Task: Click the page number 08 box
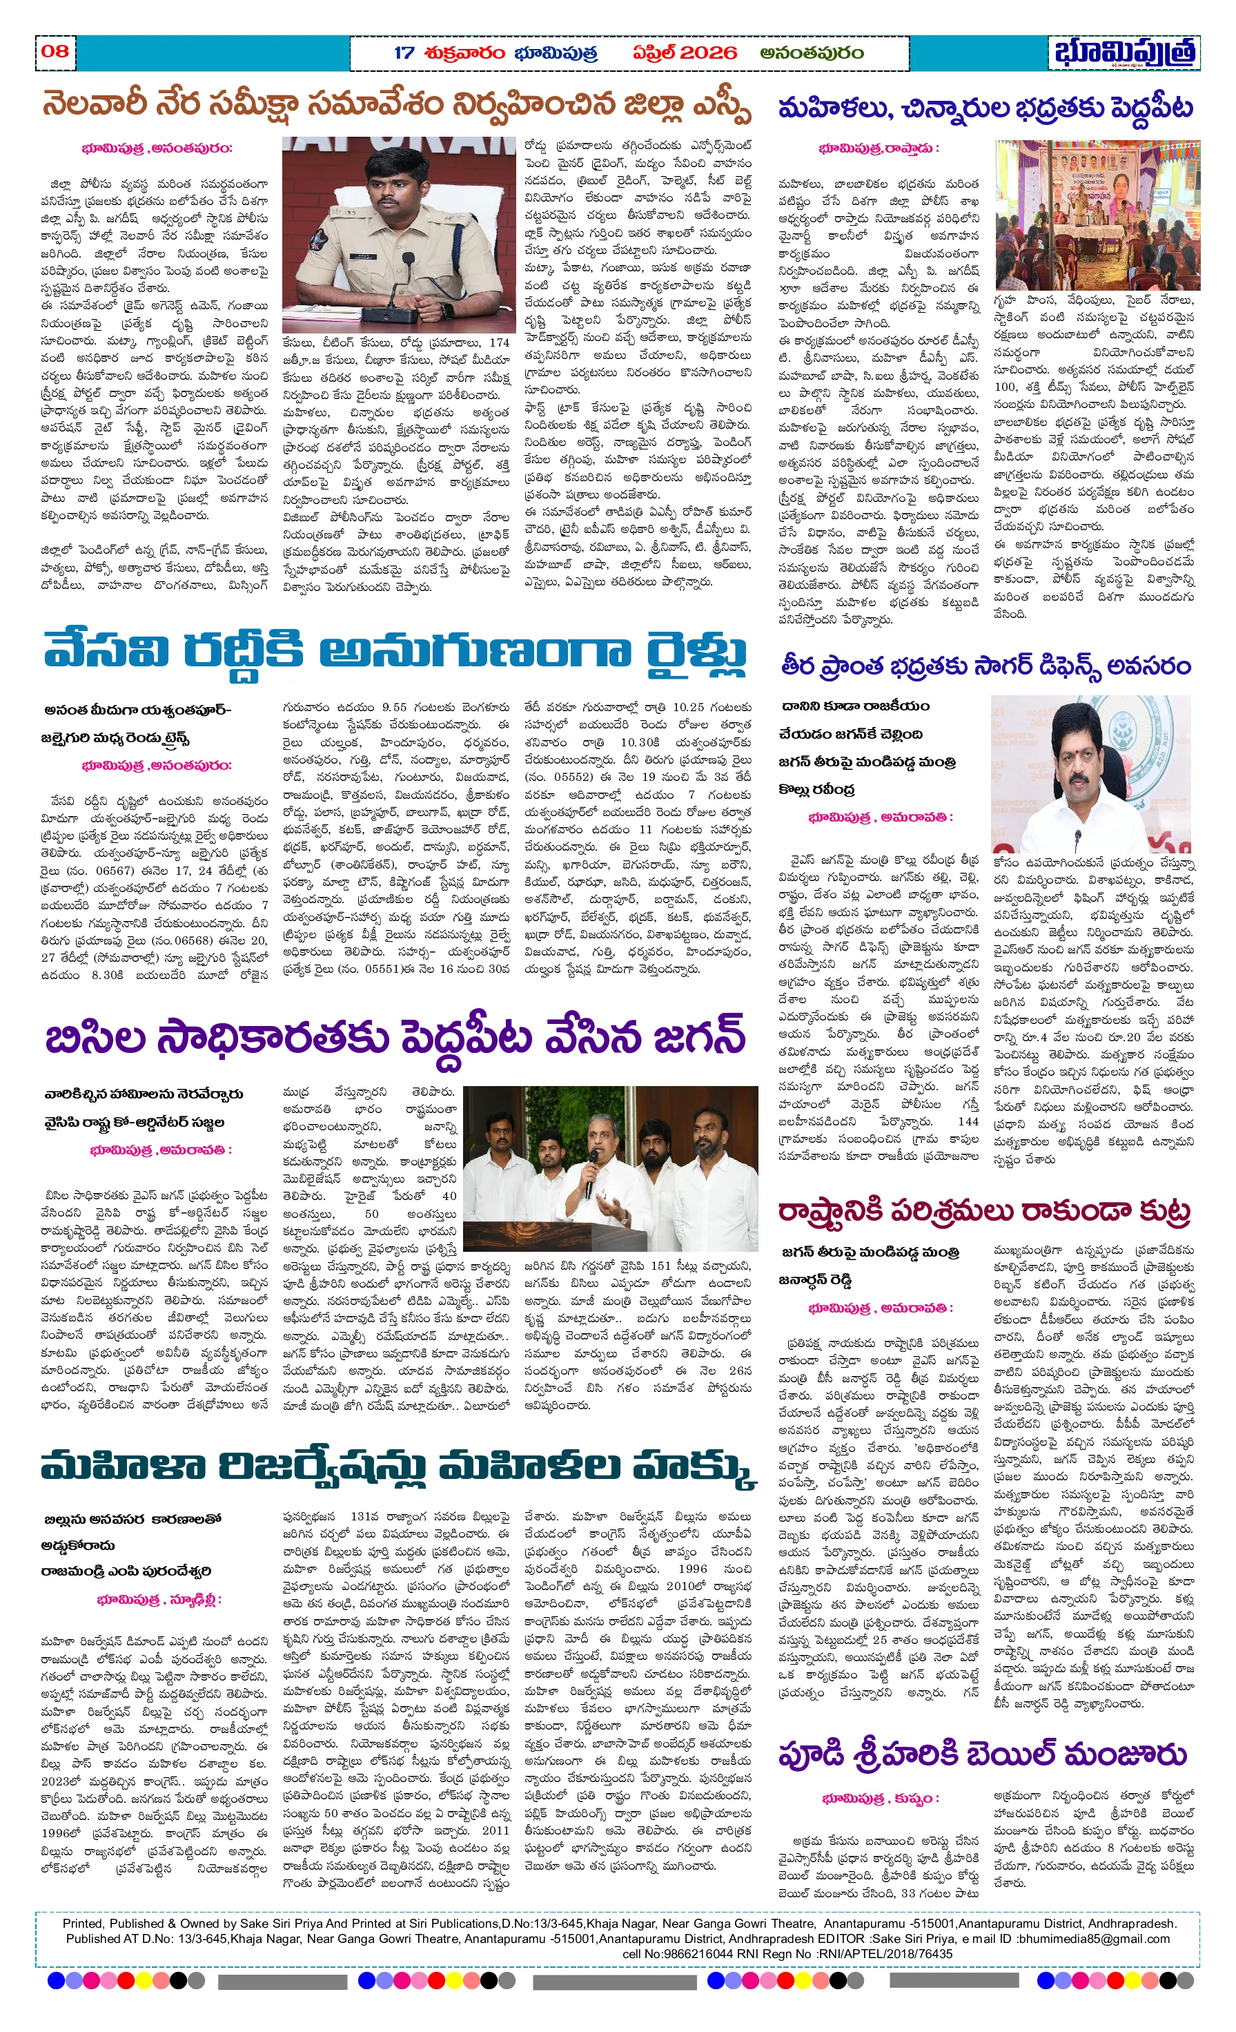click(x=55, y=51)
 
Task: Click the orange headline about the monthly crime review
click(x=396, y=106)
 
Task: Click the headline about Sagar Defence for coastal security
click(x=985, y=666)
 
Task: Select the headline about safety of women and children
click(x=985, y=108)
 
